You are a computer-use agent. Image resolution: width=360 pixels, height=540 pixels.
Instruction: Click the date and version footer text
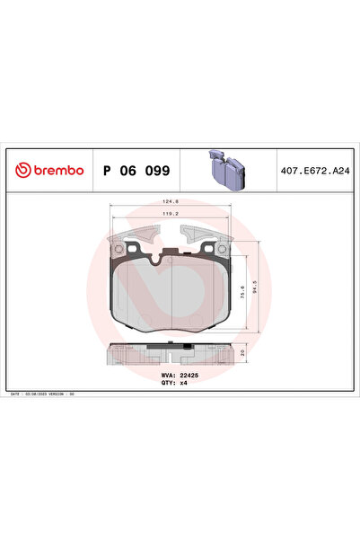tap(47, 394)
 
